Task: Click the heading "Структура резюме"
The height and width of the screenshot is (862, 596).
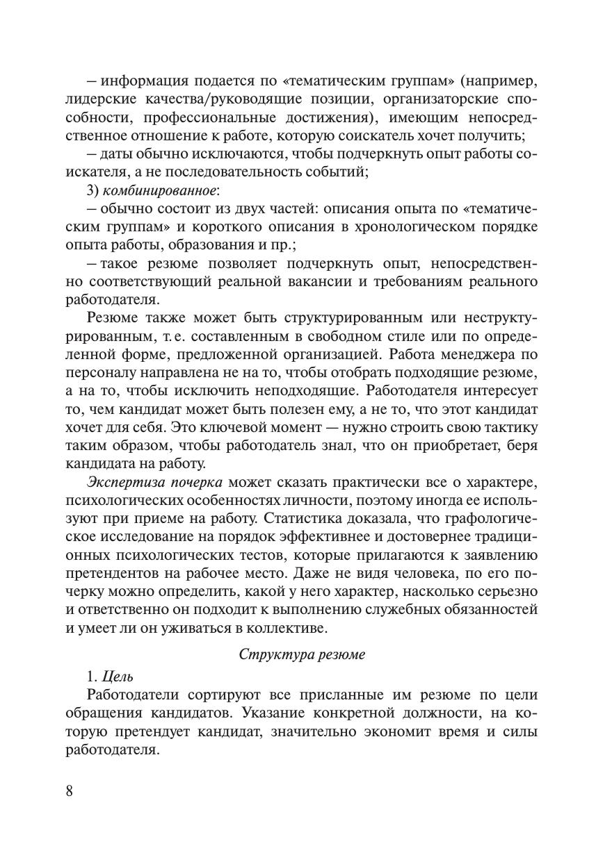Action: (301, 654)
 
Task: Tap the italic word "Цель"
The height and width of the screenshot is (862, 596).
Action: (118, 677)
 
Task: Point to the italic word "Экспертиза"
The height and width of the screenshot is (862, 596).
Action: (121, 482)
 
